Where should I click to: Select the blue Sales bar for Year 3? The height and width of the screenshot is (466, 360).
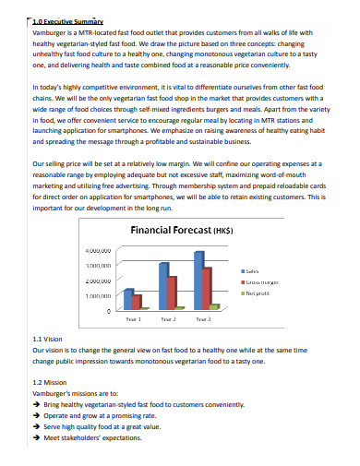198,254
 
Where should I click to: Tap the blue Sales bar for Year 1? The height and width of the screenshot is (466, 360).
128,272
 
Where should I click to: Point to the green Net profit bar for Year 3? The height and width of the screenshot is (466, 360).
215,280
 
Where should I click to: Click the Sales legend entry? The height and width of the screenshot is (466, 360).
250,245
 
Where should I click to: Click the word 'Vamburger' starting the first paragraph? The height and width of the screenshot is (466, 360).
50,32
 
